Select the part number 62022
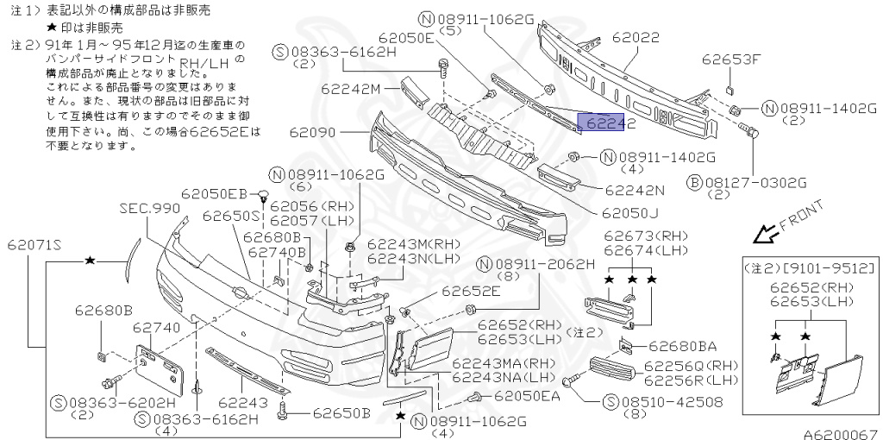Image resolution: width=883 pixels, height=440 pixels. pyautogui.click(x=636, y=39)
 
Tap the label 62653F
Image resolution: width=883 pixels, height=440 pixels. pyautogui.click(x=731, y=60)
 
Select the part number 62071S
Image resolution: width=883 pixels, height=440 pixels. pyautogui.click(x=34, y=245)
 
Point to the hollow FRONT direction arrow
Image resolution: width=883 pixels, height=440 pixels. pyautogui.click(x=762, y=234)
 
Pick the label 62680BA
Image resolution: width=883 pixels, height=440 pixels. pyautogui.click(x=682, y=348)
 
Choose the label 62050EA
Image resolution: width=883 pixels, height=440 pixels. pyautogui.click(x=526, y=395)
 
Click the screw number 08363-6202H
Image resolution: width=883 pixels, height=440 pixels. pyautogui.click(x=113, y=402)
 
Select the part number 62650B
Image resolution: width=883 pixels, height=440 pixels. pyautogui.click(x=341, y=412)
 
